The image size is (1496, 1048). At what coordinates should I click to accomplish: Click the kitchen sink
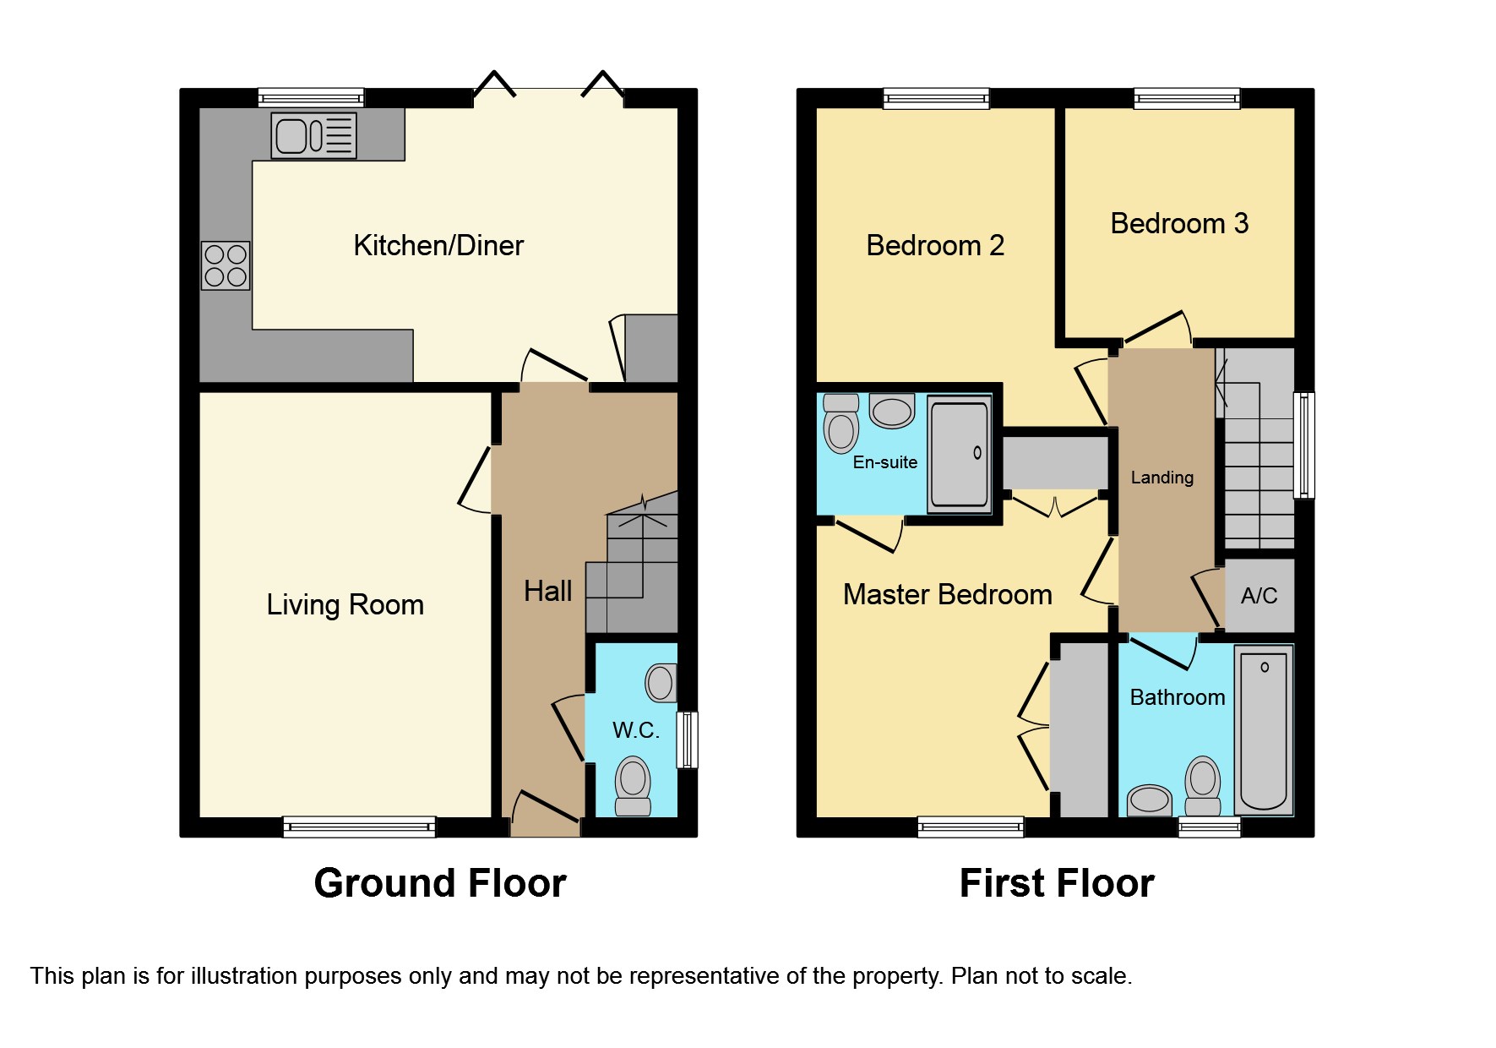click(313, 135)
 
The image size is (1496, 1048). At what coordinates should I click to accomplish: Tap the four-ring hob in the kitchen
click(226, 265)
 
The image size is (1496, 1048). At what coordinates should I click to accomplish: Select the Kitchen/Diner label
click(438, 245)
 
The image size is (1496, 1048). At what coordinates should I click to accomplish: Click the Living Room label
click(345, 605)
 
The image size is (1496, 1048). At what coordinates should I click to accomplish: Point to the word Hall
click(547, 591)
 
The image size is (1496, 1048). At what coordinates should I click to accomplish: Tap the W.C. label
click(636, 730)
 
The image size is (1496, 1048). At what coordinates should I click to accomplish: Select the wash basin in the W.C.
click(661, 683)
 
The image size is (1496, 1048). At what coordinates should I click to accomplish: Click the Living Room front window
click(359, 827)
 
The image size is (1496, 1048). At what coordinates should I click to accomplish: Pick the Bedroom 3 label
click(1179, 223)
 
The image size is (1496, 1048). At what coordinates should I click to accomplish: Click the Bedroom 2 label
click(935, 245)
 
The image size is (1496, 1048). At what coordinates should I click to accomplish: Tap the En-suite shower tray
click(959, 454)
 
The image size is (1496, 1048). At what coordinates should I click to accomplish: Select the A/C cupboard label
click(1259, 596)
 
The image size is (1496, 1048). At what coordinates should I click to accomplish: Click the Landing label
click(1162, 478)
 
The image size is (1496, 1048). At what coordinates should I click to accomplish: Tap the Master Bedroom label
click(948, 594)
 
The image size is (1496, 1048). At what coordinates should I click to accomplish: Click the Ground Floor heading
click(440, 883)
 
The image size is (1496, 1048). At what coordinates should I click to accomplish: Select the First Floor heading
click(1057, 883)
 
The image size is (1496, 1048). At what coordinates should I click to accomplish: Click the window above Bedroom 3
click(1187, 99)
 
